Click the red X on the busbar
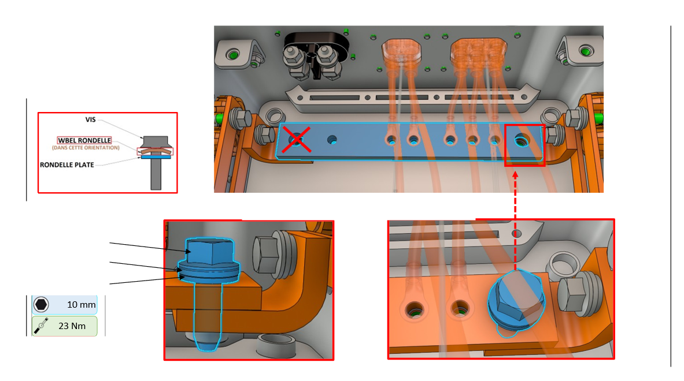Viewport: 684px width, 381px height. [297, 140]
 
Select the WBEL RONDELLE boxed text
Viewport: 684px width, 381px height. [84, 140]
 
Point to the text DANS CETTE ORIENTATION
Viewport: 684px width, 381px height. [84, 148]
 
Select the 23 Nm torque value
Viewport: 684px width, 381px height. [72, 326]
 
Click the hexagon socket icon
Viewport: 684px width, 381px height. [41, 304]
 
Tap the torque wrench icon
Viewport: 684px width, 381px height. [41, 326]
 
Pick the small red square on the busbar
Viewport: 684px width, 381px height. [524, 145]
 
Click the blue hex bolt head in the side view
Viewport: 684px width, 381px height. [209, 252]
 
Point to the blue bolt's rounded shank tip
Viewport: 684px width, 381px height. [206, 343]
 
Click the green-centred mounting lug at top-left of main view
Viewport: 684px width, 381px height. [234, 55]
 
